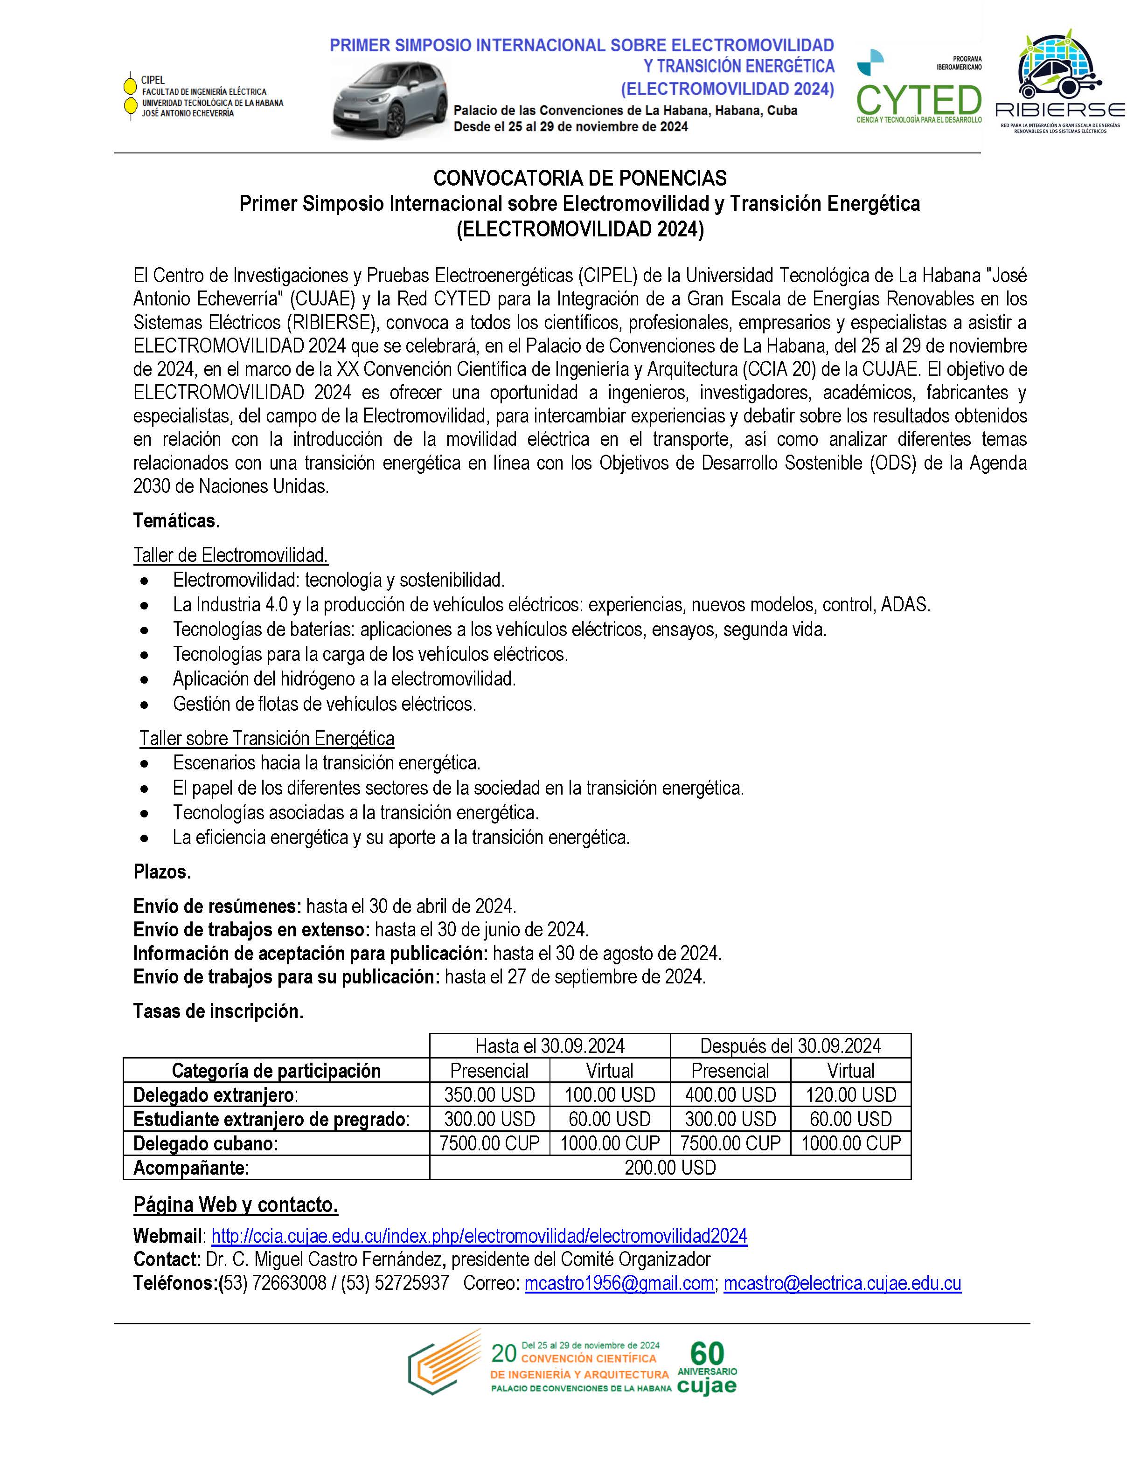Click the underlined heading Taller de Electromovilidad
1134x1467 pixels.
click(230, 555)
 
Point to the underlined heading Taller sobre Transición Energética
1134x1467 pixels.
click(267, 739)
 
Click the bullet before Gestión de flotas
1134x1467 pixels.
click(145, 705)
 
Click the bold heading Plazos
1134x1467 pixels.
click(162, 872)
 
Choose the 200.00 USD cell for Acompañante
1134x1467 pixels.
click(670, 1168)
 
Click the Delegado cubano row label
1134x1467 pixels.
click(206, 1144)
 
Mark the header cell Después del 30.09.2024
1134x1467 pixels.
click(790, 1046)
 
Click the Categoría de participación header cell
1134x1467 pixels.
click(276, 1071)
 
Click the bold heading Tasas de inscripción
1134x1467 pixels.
click(218, 1011)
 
